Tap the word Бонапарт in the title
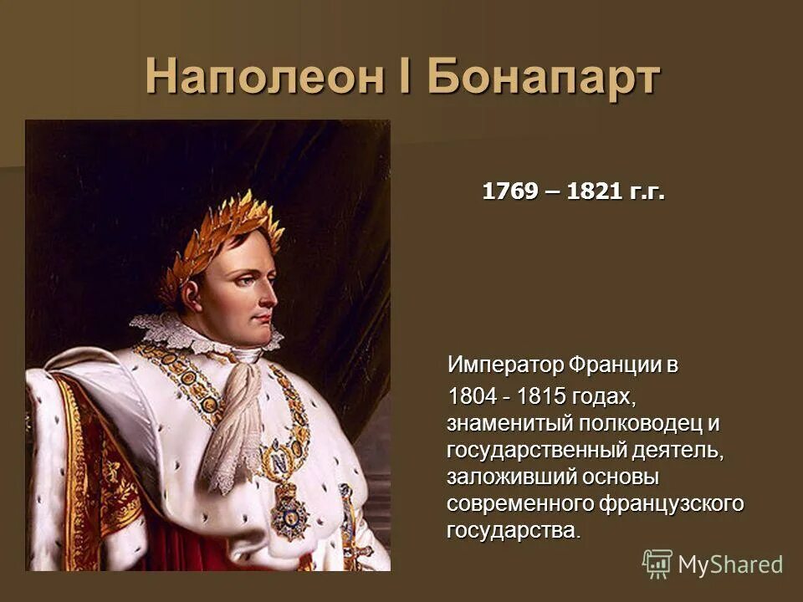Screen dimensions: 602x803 [x=544, y=78]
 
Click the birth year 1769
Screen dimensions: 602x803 [x=509, y=192]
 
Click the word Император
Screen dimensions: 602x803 [x=506, y=365]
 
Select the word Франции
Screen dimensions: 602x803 [x=617, y=365]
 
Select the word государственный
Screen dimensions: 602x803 [x=535, y=451]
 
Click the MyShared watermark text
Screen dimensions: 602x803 [x=730, y=564]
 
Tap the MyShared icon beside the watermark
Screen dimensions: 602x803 [x=657, y=564]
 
